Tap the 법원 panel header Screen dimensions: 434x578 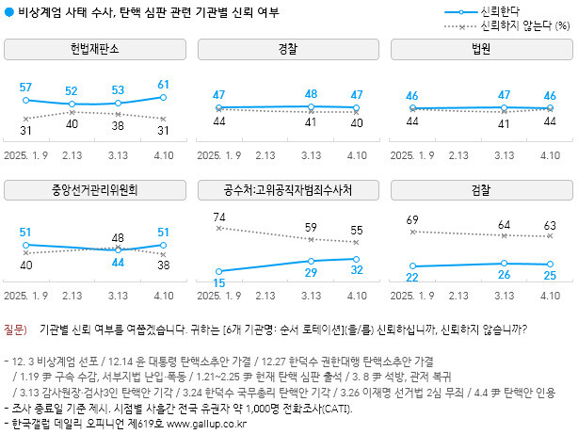click(480, 49)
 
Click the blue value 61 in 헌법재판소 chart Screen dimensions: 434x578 click(164, 84)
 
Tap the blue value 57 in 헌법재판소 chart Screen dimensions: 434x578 click(25, 87)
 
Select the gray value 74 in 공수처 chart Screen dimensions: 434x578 click(218, 217)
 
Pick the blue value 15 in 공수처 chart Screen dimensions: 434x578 click(218, 282)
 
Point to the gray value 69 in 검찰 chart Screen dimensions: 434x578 click(411, 219)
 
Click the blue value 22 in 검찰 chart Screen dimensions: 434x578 click(411, 277)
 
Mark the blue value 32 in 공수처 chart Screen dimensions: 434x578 click(357, 269)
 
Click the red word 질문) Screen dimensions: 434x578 click(16, 330)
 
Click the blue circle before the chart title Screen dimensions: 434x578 click(8, 10)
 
